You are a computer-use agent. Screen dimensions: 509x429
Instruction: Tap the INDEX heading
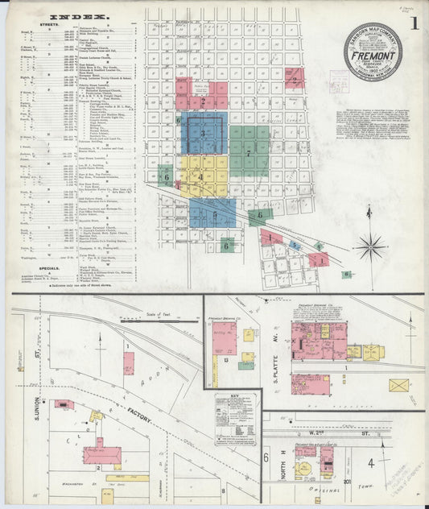point(81,16)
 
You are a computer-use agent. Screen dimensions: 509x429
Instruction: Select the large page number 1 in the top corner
point(412,23)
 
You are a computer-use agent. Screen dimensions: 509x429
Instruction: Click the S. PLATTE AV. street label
point(274,344)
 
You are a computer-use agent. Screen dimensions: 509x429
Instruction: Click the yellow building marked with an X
point(398,385)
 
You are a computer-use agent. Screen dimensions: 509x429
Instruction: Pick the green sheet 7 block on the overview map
point(250,150)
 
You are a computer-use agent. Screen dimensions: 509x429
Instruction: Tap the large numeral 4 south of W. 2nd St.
point(371,463)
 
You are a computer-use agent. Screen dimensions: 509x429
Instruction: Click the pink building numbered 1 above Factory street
point(129,362)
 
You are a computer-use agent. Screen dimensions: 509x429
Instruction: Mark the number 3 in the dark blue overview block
point(204,133)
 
